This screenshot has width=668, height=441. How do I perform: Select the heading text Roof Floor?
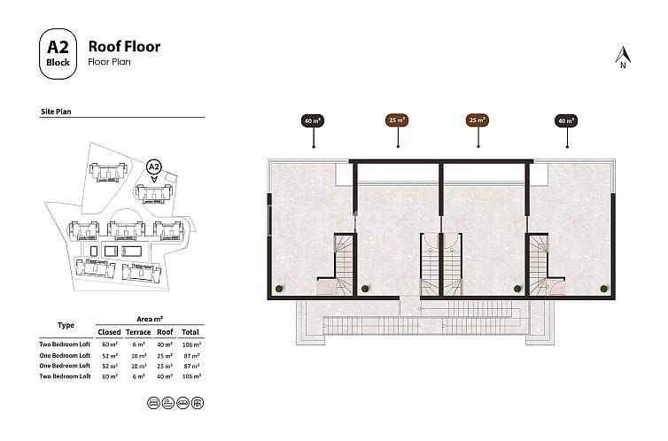point(124,46)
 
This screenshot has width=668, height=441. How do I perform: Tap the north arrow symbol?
point(623,56)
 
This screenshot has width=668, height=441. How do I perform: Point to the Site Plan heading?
point(58,112)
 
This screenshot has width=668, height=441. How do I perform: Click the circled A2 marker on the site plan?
point(154,166)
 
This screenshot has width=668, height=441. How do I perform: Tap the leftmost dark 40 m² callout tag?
point(312,120)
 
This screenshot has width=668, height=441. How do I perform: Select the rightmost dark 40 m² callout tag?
point(565,120)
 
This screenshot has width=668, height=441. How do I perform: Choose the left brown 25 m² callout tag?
point(397,120)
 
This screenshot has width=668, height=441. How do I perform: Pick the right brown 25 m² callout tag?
point(478,120)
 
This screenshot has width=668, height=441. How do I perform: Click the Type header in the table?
point(66,325)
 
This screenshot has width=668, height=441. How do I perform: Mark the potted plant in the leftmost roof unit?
point(279,287)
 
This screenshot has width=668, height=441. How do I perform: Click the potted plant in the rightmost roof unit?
point(604,287)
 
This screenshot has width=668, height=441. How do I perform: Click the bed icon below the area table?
point(151,402)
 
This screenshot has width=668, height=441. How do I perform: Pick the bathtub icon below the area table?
point(167,402)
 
